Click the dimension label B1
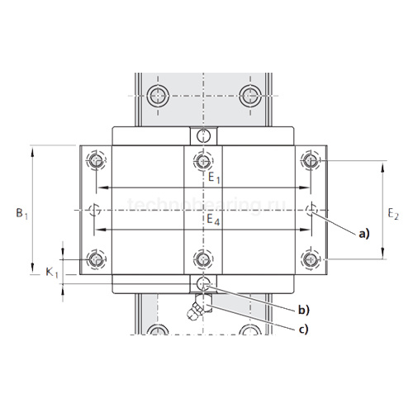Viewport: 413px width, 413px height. point(22,212)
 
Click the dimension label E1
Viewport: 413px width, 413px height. point(213,178)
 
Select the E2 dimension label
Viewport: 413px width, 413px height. point(393,213)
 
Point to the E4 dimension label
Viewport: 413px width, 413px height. point(213,221)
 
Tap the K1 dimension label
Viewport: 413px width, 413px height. point(51,271)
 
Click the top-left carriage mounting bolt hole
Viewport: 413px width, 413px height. point(97,160)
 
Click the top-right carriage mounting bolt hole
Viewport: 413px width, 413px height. point(311,160)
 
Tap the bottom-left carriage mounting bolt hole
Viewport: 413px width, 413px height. point(97,260)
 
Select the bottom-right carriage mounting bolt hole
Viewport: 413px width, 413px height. point(311,260)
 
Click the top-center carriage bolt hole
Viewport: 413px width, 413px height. point(201,160)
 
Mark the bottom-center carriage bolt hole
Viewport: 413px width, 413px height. point(201,260)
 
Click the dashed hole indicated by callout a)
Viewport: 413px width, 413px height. point(311,210)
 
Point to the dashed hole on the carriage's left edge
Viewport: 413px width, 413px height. point(92,210)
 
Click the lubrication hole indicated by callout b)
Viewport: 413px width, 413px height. point(201,283)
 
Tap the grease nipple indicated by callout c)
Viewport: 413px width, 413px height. point(197,311)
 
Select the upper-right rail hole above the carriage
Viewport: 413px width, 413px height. point(249,93)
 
